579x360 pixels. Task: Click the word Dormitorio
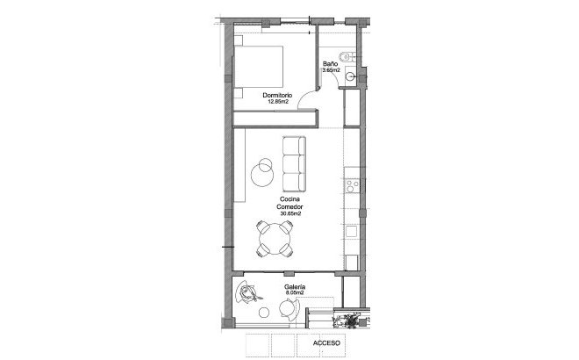[x=279, y=94]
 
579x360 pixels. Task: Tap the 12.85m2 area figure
[x=279, y=101]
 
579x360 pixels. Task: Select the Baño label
[x=331, y=64]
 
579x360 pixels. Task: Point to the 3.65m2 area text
[x=331, y=71]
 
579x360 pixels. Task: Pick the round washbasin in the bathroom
[x=351, y=77]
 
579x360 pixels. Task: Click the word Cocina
[x=290, y=199]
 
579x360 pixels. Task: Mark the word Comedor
[x=290, y=206]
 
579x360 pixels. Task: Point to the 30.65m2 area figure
[x=290, y=213]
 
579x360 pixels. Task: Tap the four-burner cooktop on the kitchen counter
[x=352, y=186]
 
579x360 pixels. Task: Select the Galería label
[x=295, y=287]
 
